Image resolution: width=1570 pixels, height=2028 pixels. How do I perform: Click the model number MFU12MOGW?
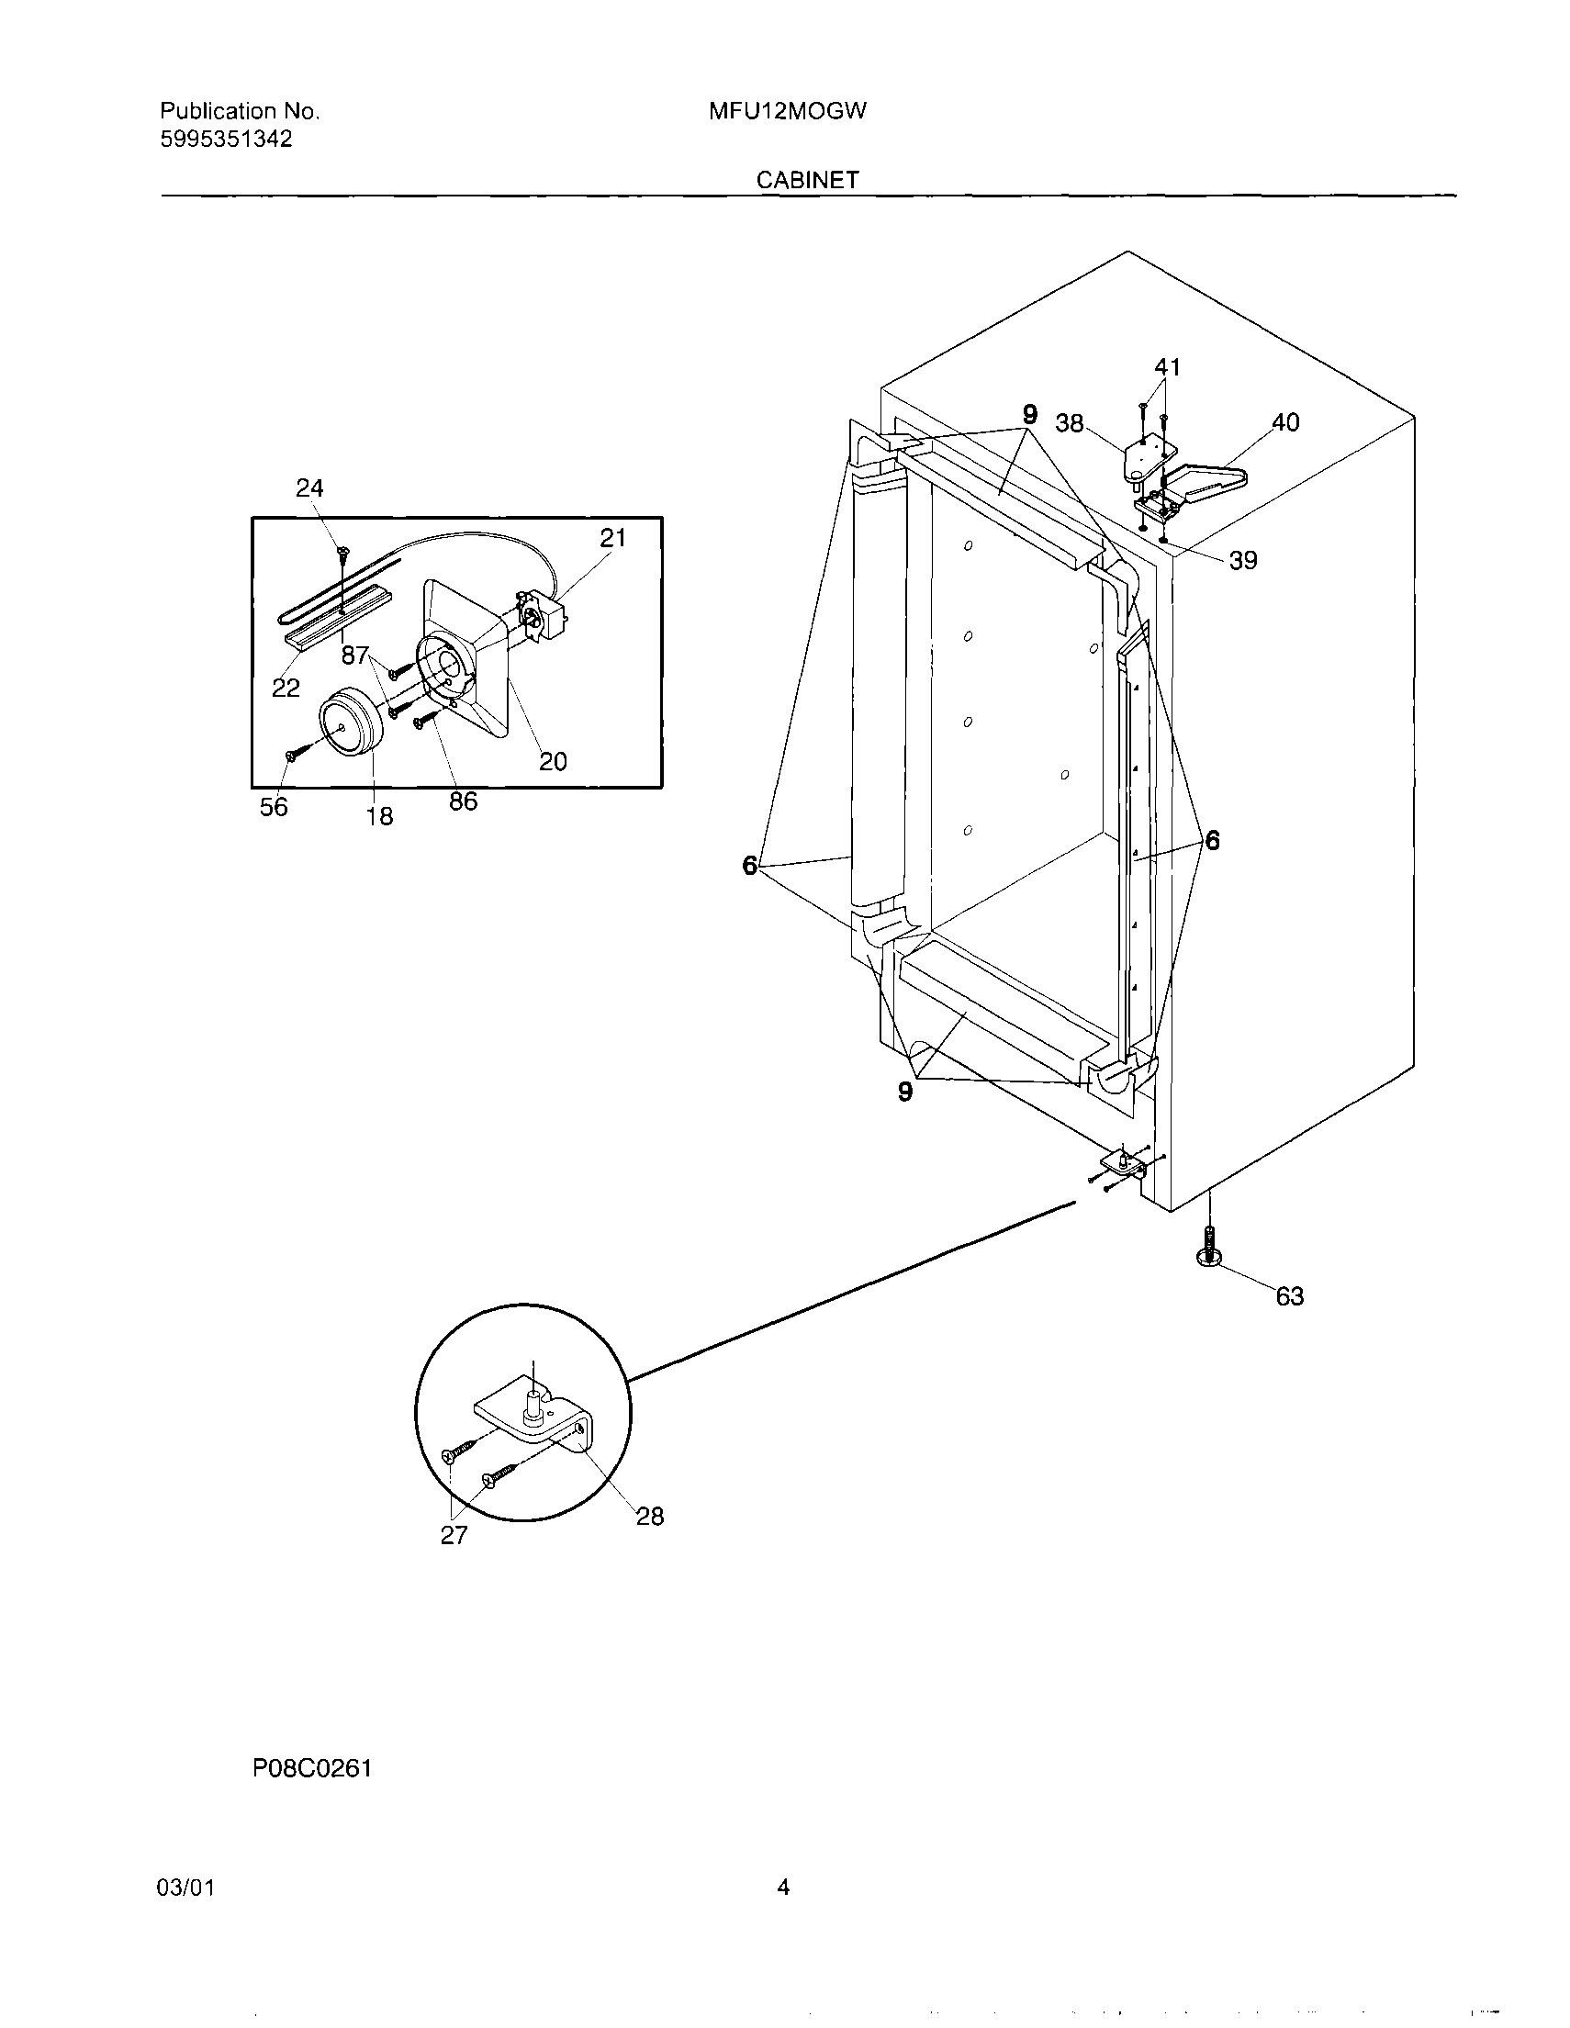point(788,111)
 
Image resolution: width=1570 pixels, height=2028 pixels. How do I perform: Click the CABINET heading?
point(807,180)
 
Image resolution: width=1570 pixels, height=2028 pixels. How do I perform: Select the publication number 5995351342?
point(226,140)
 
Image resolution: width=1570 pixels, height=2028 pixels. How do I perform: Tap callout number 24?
point(309,488)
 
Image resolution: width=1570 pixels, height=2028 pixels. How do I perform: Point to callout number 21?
point(612,538)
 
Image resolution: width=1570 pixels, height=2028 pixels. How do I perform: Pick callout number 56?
point(273,808)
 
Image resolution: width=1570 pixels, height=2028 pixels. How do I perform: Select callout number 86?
point(463,801)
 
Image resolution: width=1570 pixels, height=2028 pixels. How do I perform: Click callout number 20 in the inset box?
point(553,761)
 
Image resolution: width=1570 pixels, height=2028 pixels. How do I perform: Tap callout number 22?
point(285,688)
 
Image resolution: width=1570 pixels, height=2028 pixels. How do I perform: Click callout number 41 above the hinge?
point(1167,368)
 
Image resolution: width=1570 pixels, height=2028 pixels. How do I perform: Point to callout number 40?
point(1285,422)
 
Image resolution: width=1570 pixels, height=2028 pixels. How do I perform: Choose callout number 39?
point(1242,560)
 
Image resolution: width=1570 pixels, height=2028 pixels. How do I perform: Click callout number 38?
point(1070,423)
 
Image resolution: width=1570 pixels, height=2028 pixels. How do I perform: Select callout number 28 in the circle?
point(649,1517)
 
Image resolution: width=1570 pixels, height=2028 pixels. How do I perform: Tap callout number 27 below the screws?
point(453,1536)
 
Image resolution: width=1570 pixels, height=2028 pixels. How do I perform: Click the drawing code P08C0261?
point(312,1768)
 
